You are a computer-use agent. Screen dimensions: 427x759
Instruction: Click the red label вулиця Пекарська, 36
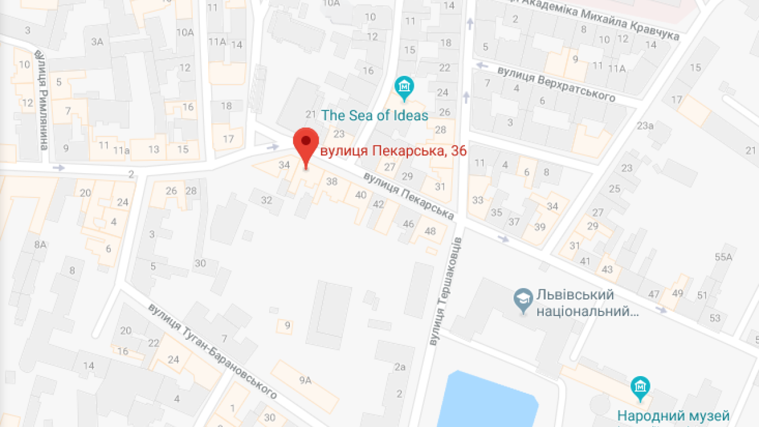(x=393, y=151)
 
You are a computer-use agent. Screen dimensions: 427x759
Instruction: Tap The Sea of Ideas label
(x=374, y=115)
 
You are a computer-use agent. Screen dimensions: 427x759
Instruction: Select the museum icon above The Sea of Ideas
(x=404, y=88)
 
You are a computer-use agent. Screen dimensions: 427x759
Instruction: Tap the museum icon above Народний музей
(x=640, y=388)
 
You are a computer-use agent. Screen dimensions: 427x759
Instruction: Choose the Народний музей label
(x=673, y=416)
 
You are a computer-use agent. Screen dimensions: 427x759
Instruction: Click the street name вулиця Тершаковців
(x=446, y=291)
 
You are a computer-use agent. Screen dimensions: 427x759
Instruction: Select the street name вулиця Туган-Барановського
(x=213, y=350)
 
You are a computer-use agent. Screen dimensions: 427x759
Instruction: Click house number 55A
(x=723, y=257)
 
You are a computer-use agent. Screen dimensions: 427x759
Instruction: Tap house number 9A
(x=305, y=380)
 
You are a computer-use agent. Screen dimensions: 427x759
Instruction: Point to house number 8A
(x=40, y=244)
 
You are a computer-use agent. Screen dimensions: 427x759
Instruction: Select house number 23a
(x=645, y=125)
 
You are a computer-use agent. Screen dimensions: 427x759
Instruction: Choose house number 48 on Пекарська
(x=430, y=231)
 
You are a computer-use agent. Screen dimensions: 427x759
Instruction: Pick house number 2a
(x=400, y=367)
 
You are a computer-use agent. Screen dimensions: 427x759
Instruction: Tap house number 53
(x=715, y=318)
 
